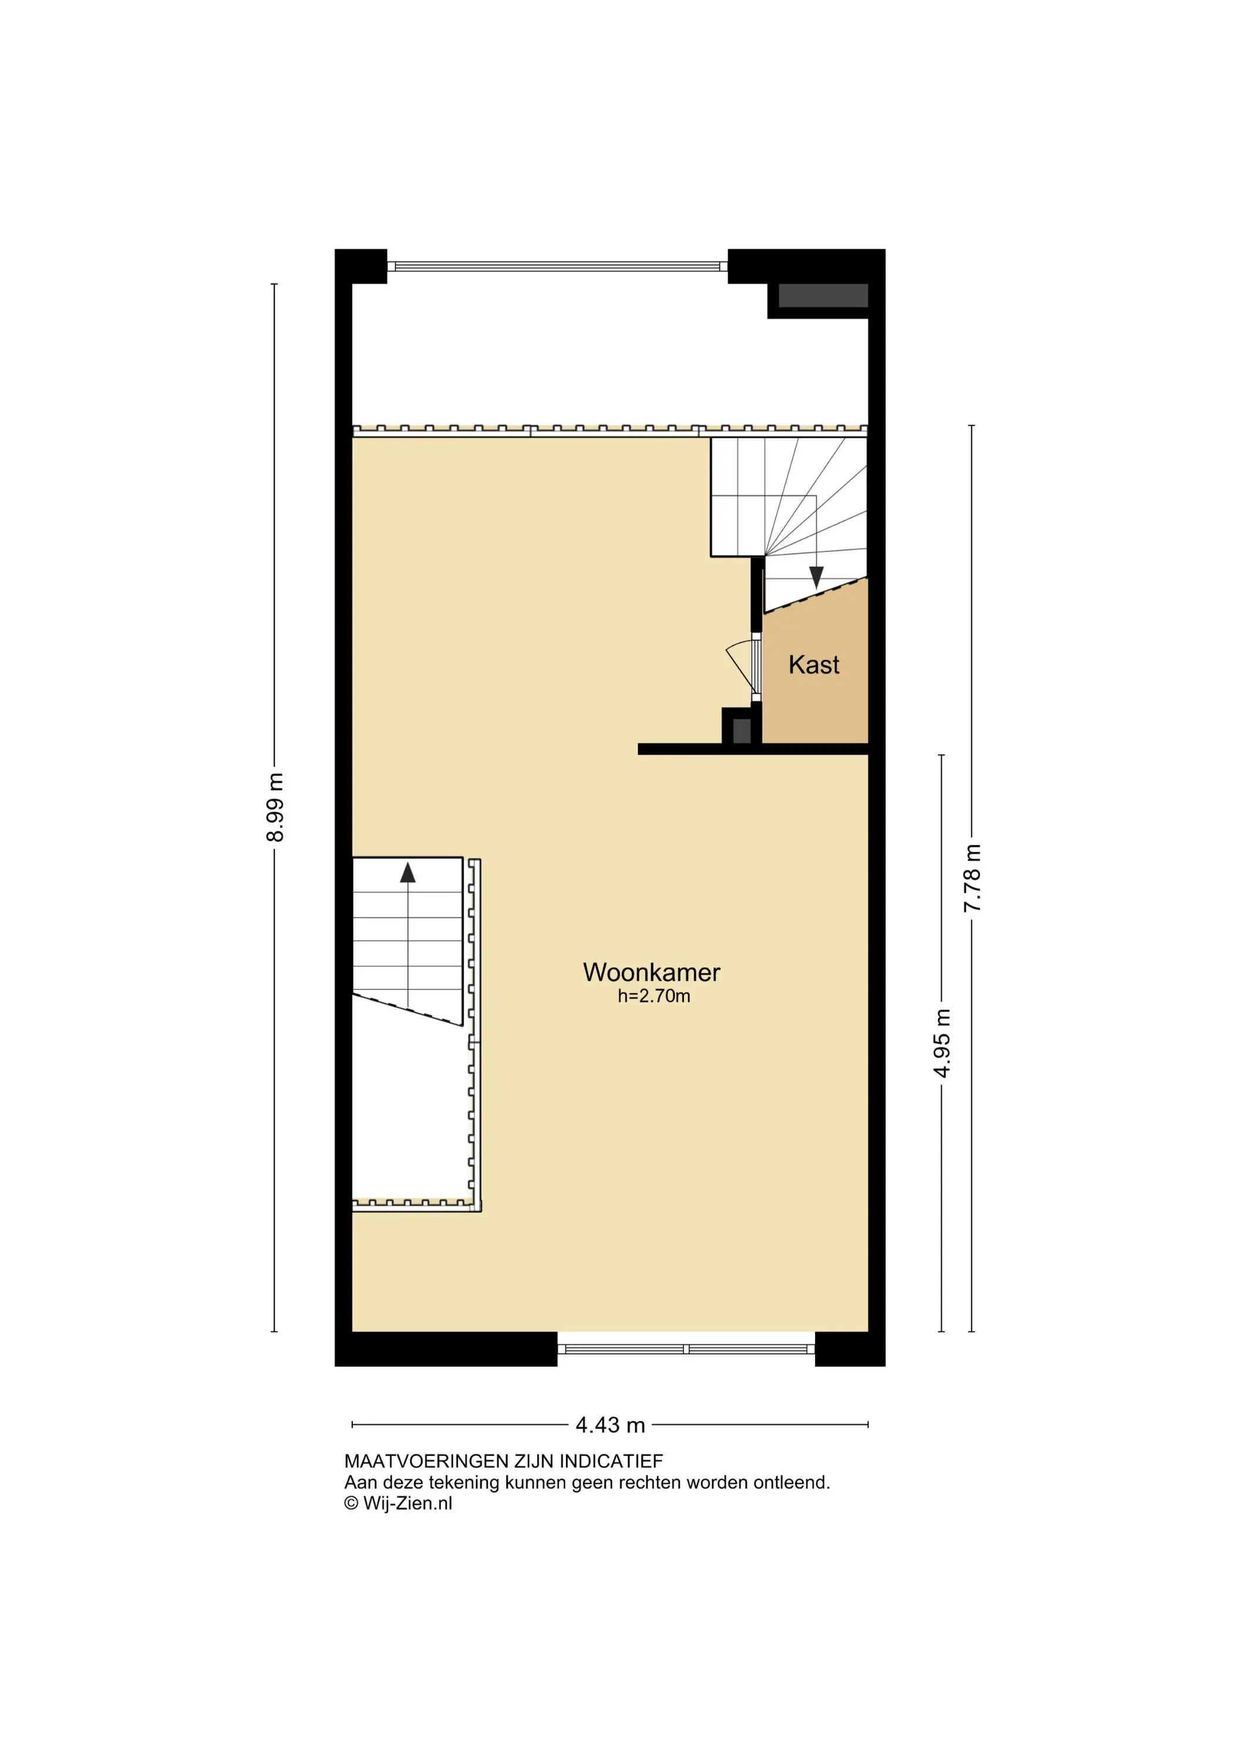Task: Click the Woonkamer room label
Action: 651,972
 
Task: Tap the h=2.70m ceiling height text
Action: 654,996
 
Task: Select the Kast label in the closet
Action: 814,665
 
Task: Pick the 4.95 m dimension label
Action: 942,1043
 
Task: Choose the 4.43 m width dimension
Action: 610,1425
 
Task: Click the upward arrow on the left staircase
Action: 408,873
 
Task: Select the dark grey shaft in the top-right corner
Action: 823,295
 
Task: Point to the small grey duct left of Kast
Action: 741,729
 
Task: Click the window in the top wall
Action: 558,266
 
